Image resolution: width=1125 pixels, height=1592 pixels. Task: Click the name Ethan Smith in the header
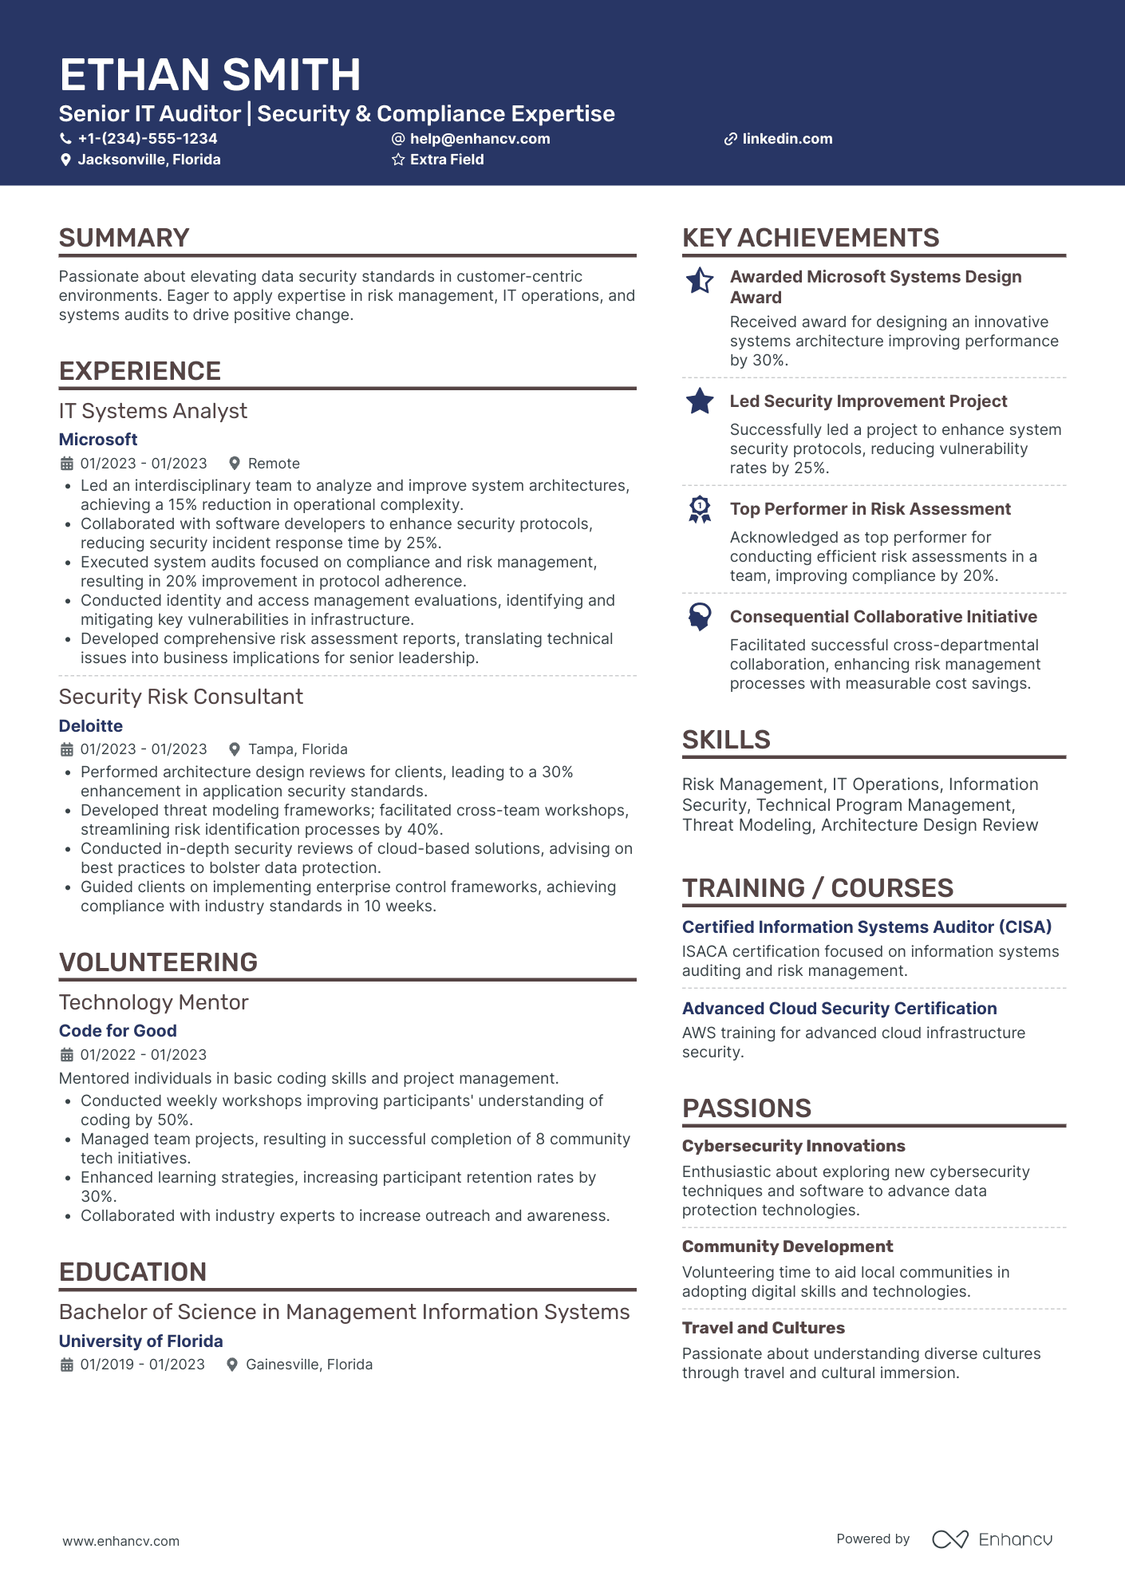pyautogui.click(x=210, y=75)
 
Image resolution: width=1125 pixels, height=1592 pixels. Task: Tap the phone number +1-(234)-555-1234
pyautogui.click(x=147, y=139)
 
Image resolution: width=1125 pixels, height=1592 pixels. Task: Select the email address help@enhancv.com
pyautogui.click(x=480, y=139)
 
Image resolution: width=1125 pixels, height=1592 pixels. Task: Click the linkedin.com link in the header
pyautogui.click(x=787, y=139)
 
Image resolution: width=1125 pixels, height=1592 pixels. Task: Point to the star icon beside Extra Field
pyautogui.click(x=398, y=160)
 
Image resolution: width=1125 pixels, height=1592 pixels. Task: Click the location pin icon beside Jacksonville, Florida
pyautogui.click(x=66, y=160)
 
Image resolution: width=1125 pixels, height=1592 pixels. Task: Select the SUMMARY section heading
pyautogui.click(x=124, y=238)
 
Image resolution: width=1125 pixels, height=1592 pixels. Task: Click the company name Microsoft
pyautogui.click(x=98, y=440)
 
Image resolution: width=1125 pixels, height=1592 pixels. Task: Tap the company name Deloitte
pyautogui.click(x=91, y=726)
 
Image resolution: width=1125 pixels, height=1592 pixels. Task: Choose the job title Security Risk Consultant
pyautogui.click(x=181, y=697)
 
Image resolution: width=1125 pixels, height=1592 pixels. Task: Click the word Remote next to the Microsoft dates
pyautogui.click(x=274, y=464)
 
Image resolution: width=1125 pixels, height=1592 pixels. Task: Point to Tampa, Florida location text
pyautogui.click(x=298, y=749)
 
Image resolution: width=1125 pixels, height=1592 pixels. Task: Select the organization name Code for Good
pyautogui.click(x=118, y=1031)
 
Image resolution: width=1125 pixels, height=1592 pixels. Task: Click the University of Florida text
pyautogui.click(x=141, y=1341)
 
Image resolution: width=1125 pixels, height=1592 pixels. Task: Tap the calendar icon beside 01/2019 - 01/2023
pyautogui.click(x=67, y=1365)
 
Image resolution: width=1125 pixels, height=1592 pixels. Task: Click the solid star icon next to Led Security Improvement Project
pyautogui.click(x=700, y=401)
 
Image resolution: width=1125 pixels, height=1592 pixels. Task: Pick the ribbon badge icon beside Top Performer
pyautogui.click(x=700, y=509)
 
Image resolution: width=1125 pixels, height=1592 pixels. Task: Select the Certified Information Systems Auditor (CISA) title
pyautogui.click(x=866, y=927)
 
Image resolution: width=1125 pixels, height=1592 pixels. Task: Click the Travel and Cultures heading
pyautogui.click(x=763, y=1328)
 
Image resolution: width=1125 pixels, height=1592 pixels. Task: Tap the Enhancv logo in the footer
pyautogui.click(x=992, y=1539)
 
